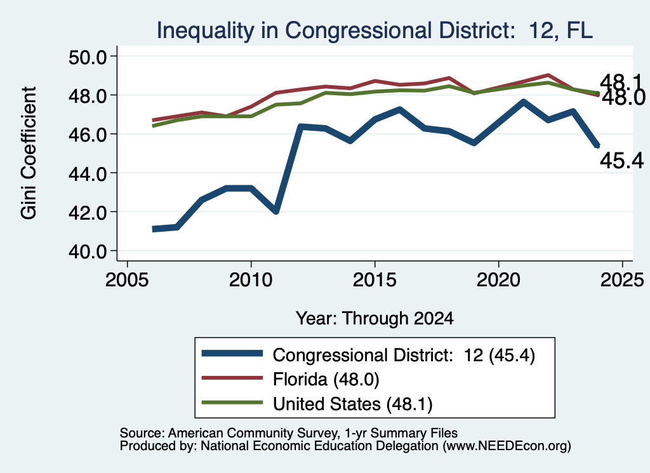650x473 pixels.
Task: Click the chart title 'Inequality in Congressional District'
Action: [335, 30]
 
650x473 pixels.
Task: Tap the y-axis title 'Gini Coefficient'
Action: [29, 153]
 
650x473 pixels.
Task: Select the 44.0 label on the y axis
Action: [88, 173]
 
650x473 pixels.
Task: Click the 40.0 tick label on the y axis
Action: [88, 251]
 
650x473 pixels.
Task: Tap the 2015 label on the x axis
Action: [375, 280]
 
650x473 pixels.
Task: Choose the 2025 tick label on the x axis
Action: [622, 280]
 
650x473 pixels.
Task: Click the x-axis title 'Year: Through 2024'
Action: [375, 318]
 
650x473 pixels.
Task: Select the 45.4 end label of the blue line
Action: [622, 161]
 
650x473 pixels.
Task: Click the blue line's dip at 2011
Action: [275, 211]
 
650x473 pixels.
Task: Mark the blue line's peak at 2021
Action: [523, 102]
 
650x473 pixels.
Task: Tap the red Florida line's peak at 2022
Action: [548, 75]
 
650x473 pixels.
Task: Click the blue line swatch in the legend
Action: [232, 354]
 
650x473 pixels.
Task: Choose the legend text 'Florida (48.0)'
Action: [326, 379]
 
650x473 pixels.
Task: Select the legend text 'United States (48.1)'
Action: [353, 403]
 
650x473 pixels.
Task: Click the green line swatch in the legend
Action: [232, 403]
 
